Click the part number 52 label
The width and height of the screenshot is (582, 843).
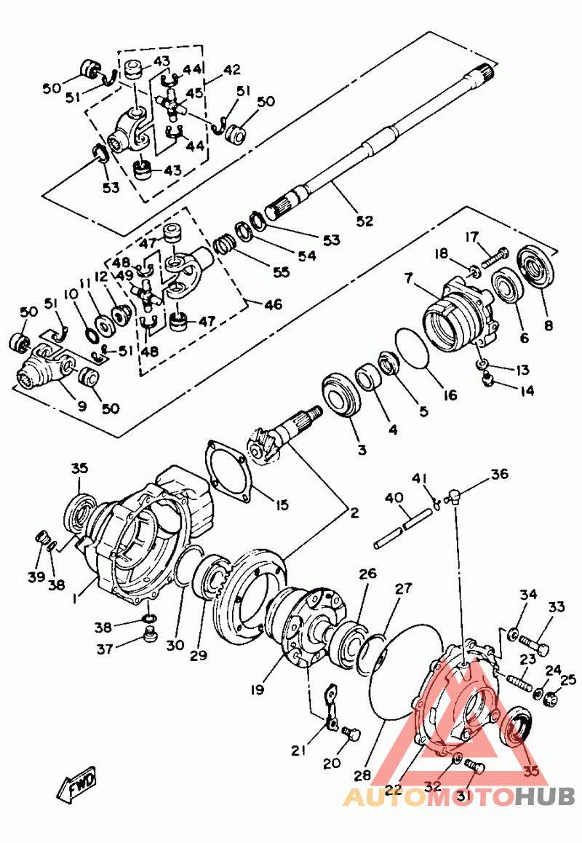[x=364, y=221]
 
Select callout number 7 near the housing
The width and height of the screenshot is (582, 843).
[x=410, y=279]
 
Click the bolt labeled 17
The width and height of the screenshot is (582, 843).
[x=495, y=256]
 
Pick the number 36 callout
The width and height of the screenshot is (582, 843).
[x=499, y=474]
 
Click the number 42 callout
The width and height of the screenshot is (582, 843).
[x=231, y=71]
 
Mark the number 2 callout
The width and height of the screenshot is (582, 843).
[x=354, y=512]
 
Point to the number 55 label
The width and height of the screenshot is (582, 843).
[x=279, y=272]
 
